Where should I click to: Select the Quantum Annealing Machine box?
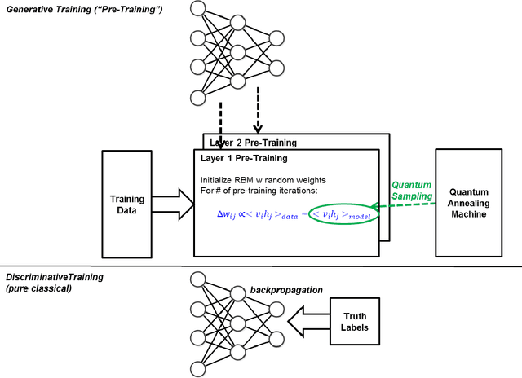click(473, 204)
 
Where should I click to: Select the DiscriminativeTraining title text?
click(52, 277)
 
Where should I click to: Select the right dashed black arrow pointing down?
click(259, 114)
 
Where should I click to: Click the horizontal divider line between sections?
click(261, 266)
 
